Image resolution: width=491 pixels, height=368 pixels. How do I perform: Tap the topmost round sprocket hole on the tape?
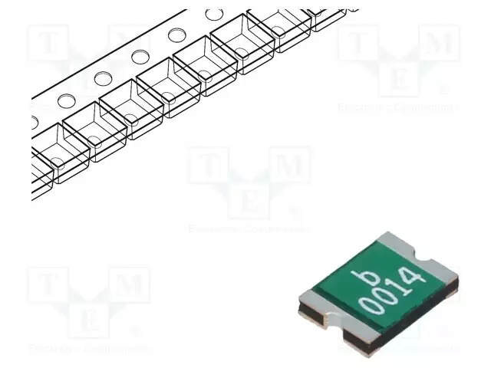click(x=214, y=15)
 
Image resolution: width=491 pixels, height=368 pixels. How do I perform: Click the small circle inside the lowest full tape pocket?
click(x=56, y=162)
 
